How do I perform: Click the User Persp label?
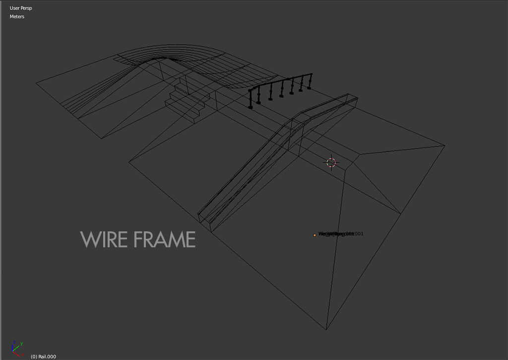20,8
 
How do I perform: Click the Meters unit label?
17,17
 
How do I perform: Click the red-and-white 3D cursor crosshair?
331,162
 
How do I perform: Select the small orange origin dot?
315,235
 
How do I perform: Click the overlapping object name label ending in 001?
341,234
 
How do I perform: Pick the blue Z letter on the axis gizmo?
14,343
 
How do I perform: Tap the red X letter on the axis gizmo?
22,355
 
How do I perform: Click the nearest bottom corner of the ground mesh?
326,329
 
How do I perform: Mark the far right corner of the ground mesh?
444,145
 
